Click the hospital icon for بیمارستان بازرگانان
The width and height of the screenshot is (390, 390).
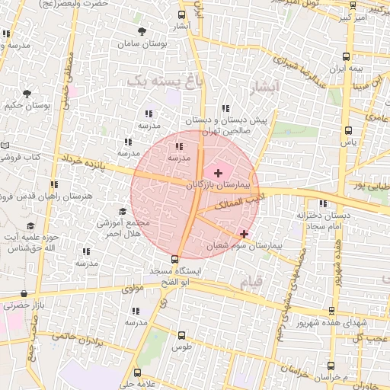pos(219,174)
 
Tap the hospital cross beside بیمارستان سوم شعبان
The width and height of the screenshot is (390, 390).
pos(244,234)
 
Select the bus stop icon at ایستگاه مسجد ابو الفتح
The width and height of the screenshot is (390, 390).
pos(176,259)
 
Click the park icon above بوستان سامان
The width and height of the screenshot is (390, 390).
pos(142,31)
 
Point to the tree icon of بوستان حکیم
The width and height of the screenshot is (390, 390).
pos(27,94)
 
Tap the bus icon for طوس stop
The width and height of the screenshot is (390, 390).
pos(181,335)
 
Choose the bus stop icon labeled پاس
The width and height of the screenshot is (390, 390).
pos(348,130)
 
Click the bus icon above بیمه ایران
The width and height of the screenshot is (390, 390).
pos(347,56)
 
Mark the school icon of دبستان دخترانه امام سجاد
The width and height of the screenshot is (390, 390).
pos(324,203)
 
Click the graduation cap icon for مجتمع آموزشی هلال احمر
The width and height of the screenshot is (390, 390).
pos(123,212)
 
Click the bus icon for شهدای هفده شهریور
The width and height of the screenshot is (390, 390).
pos(331,311)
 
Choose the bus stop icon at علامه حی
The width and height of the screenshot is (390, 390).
pos(138,372)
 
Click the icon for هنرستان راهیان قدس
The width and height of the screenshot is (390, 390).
pos(53,184)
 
